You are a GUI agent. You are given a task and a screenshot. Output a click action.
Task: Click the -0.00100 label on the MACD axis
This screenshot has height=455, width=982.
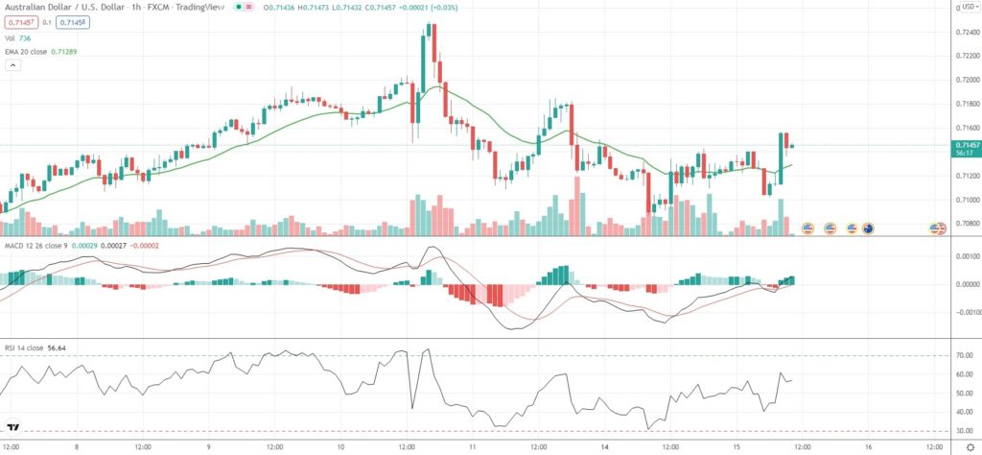(x=964, y=311)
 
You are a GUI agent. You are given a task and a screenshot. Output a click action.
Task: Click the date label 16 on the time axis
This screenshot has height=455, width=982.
(x=868, y=447)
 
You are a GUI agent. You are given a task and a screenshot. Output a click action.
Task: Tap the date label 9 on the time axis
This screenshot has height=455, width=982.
(x=208, y=447)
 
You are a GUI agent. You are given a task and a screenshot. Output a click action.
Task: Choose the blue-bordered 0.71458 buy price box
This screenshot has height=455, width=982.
(x=69, y=21)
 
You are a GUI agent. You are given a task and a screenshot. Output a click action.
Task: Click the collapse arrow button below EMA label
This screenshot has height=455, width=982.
(x=13, y=65)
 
